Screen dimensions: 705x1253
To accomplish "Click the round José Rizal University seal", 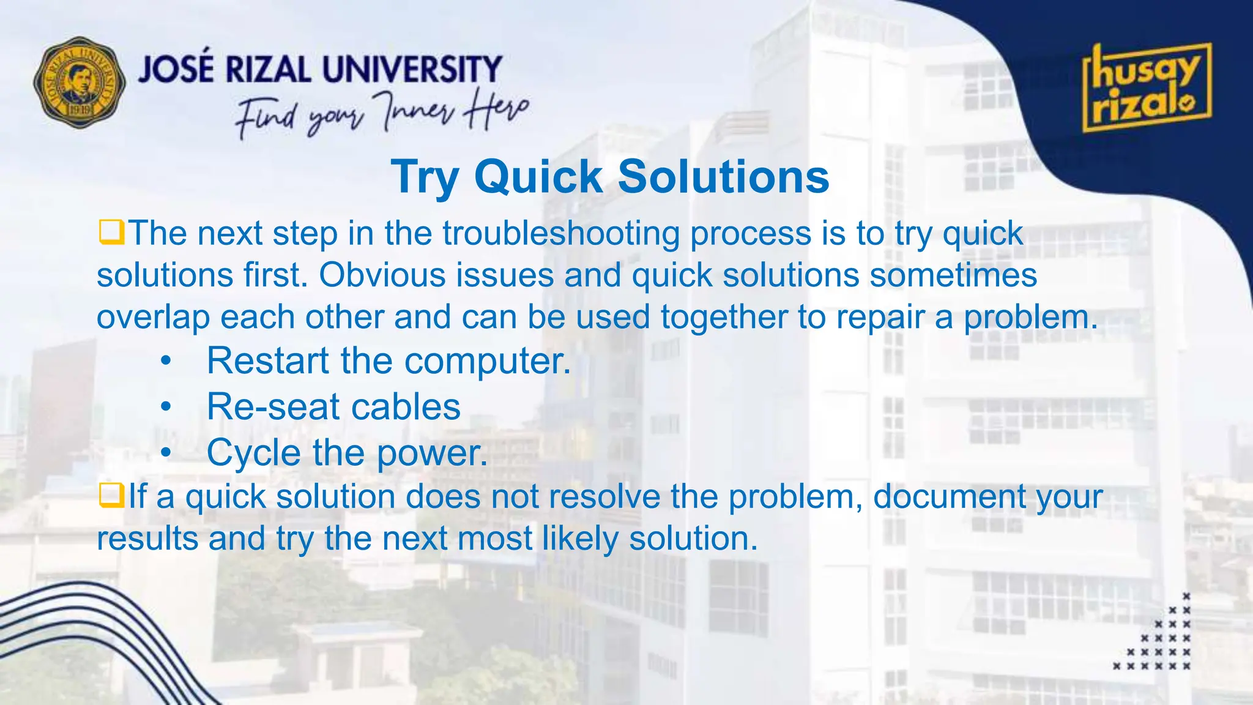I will point(80,83).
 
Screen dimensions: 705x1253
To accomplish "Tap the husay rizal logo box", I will point(1147,88).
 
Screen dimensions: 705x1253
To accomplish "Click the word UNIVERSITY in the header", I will point(412,69).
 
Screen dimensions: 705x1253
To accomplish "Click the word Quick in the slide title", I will point(539,177).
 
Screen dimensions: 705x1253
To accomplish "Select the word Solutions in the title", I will point(723,177).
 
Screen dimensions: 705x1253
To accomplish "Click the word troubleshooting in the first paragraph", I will point(561,234).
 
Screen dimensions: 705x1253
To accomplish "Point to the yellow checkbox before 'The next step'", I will point(111,233).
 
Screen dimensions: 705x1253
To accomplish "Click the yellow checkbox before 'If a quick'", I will point(111,496).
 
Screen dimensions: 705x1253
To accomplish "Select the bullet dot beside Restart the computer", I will point(166,362).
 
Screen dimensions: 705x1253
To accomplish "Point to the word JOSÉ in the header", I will point(176,69).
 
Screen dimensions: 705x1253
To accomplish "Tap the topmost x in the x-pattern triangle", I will point(1186,596).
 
